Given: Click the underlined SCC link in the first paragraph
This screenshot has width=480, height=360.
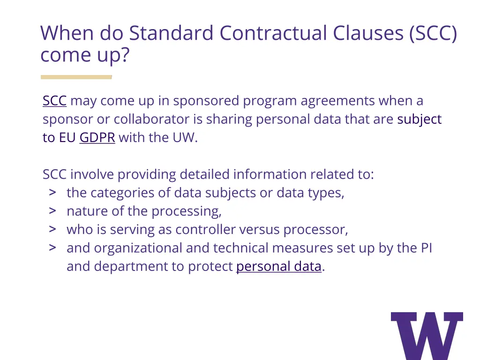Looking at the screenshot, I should coord(54,101).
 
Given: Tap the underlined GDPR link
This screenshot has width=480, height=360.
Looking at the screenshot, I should coord(97,138).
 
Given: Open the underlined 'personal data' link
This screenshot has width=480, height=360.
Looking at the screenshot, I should coord(278,267).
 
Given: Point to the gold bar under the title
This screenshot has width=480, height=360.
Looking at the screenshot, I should coord(76,77).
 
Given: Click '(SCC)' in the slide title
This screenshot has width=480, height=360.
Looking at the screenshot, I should coord(432,34).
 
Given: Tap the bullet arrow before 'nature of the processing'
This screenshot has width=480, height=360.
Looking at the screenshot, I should coord(52,211).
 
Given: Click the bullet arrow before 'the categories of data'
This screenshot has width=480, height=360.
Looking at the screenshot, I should coord(52,193).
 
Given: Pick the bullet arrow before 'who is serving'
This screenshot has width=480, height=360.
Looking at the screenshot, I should coord(52,229).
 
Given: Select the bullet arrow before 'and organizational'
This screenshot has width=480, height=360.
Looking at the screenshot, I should coord(52,247).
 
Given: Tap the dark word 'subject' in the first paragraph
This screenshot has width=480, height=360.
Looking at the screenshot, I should coord(419,120).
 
